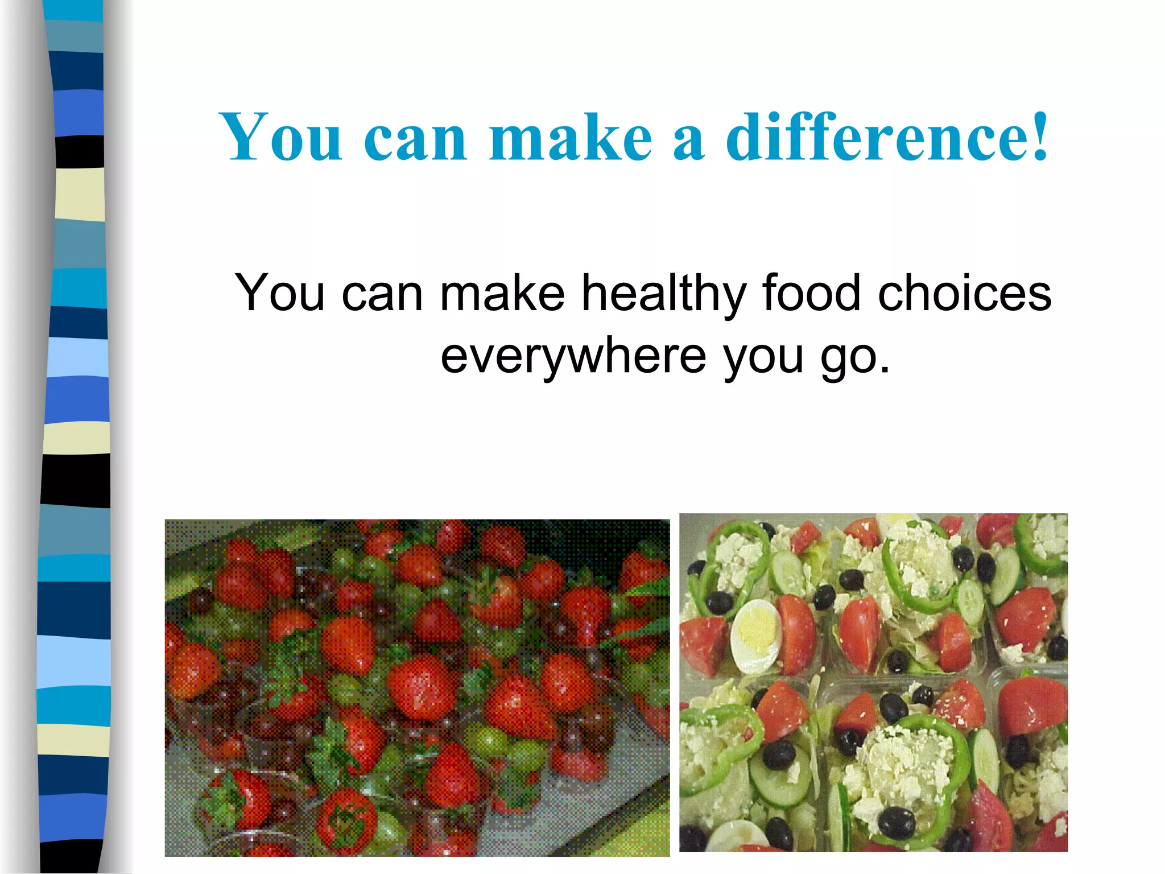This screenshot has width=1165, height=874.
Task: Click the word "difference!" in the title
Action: click(x=887, y=137)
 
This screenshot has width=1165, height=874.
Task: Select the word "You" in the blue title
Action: click(x=282, y=137)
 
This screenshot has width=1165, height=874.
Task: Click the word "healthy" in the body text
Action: click(x=663, y=294)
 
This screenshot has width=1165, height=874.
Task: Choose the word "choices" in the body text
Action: click(x=965, y=292)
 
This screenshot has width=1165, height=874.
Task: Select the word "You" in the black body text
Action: click(x=280, y=292)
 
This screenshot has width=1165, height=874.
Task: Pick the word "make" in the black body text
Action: click(x=502, y=292)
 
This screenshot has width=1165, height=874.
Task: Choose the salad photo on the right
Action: click(x=873, y=683)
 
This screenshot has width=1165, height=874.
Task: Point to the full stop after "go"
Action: click(x=884, y=370)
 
